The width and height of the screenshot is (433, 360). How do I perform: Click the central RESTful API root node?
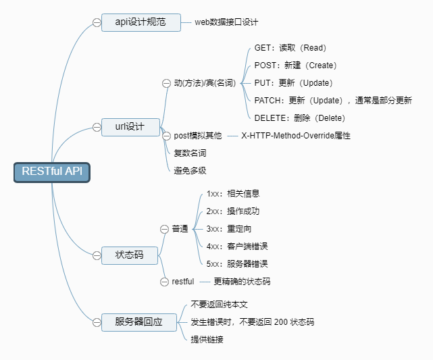point(51,172)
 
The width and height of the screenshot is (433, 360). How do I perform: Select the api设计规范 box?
point(141,22)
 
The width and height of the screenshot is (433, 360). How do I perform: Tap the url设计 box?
point(130,127)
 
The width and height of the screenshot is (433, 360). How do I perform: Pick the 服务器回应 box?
point(140,322)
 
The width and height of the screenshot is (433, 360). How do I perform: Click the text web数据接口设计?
point(226,22)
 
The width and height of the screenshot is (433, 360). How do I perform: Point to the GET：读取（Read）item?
point(290,48)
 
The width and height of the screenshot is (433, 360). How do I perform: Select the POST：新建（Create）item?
point(295,66)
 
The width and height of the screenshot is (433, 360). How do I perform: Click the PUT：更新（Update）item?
point(293,83)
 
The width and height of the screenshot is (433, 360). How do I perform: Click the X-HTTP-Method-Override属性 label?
point(296,136)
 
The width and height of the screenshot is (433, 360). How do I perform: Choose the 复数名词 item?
point(190,153)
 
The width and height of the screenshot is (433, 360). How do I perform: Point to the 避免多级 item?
point(190,170)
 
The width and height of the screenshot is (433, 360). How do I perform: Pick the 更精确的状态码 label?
point(242,281)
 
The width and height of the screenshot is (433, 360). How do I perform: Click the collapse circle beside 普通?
point(164,229)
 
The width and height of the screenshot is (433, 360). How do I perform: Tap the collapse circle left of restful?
point(164,281)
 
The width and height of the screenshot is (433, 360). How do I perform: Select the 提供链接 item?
point(207,339)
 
